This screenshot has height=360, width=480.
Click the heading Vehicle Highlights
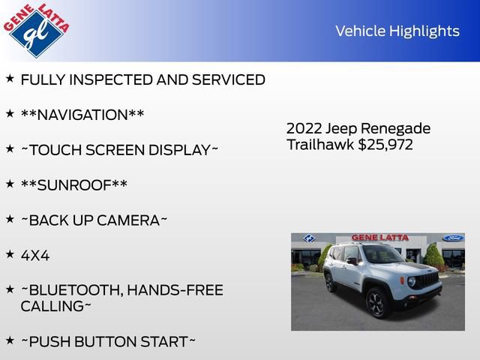pyautogui.click(x=397, y=31)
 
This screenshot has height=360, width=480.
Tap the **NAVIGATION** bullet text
pyautogui.click(x=82, y=115)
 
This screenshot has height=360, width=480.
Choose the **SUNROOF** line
pyautogui.click(x=73, y=184)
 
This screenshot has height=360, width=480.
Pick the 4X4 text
pyautogui.click(x=34, y=255)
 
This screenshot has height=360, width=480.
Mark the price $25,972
pyautogui.click(x=385, y=145)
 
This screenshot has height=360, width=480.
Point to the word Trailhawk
pyautogui.click(x=319, y=145)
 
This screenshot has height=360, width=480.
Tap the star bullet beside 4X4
pyautogui.click(x=10, y=253)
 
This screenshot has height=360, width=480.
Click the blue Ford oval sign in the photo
pyautogui.click(x=452, y=238)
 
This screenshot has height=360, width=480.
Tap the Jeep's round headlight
pyautogui.click(x=411, y=281)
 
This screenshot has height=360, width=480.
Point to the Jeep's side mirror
pyautogui.click(x=352, y=261)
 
